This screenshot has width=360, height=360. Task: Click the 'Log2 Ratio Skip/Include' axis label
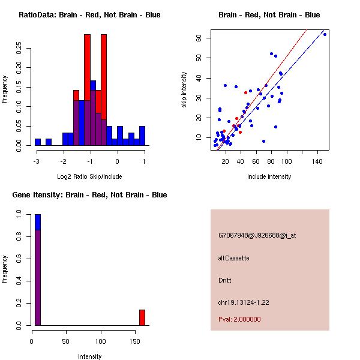point(89,176)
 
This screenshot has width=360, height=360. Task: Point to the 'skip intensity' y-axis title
point(185,90)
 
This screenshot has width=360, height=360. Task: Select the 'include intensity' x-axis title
point(269,176)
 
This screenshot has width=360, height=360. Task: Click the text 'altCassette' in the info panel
point(234,258)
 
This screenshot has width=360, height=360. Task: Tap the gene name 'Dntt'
point(224,280)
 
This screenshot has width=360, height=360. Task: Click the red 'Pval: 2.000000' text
point(239,319)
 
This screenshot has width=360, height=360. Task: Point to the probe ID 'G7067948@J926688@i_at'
point(257,235)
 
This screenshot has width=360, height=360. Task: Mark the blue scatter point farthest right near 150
point(325,34)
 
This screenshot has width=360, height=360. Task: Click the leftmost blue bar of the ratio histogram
point(38,142)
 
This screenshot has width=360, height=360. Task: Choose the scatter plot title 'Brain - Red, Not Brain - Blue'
point(269,15)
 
